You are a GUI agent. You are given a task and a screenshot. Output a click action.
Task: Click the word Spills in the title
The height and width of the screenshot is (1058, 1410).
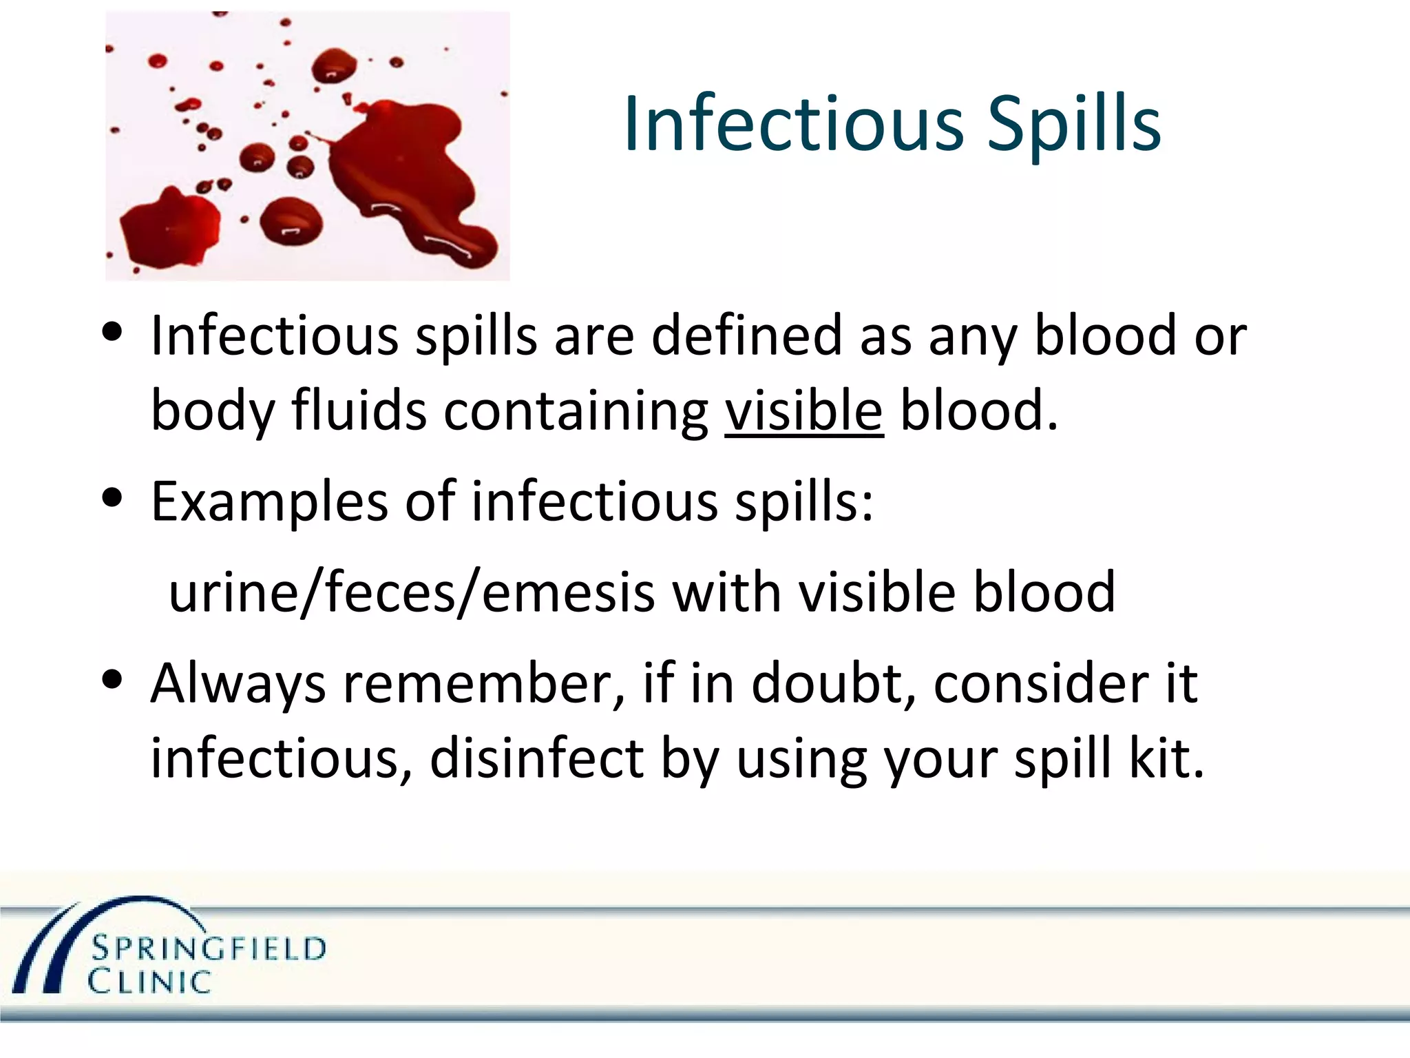[1074, 124]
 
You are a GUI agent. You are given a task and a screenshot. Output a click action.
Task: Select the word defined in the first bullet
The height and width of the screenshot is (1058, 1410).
[746, 336]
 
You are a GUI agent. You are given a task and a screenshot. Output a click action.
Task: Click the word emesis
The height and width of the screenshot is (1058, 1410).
[568, 592]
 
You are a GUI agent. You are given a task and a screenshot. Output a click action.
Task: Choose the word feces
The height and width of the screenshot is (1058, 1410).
[390, 592]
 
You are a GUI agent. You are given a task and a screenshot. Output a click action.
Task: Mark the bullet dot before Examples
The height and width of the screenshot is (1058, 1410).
[112, 497]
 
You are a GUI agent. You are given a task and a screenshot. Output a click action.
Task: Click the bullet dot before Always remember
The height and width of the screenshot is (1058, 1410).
[112, 679]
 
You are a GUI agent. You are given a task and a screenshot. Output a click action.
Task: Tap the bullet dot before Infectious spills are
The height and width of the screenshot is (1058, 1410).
[112, 331]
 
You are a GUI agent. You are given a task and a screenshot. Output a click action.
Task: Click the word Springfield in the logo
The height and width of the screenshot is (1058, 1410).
[209, 948]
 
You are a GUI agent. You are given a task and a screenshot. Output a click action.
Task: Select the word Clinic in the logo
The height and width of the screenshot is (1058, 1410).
[149, 982]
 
